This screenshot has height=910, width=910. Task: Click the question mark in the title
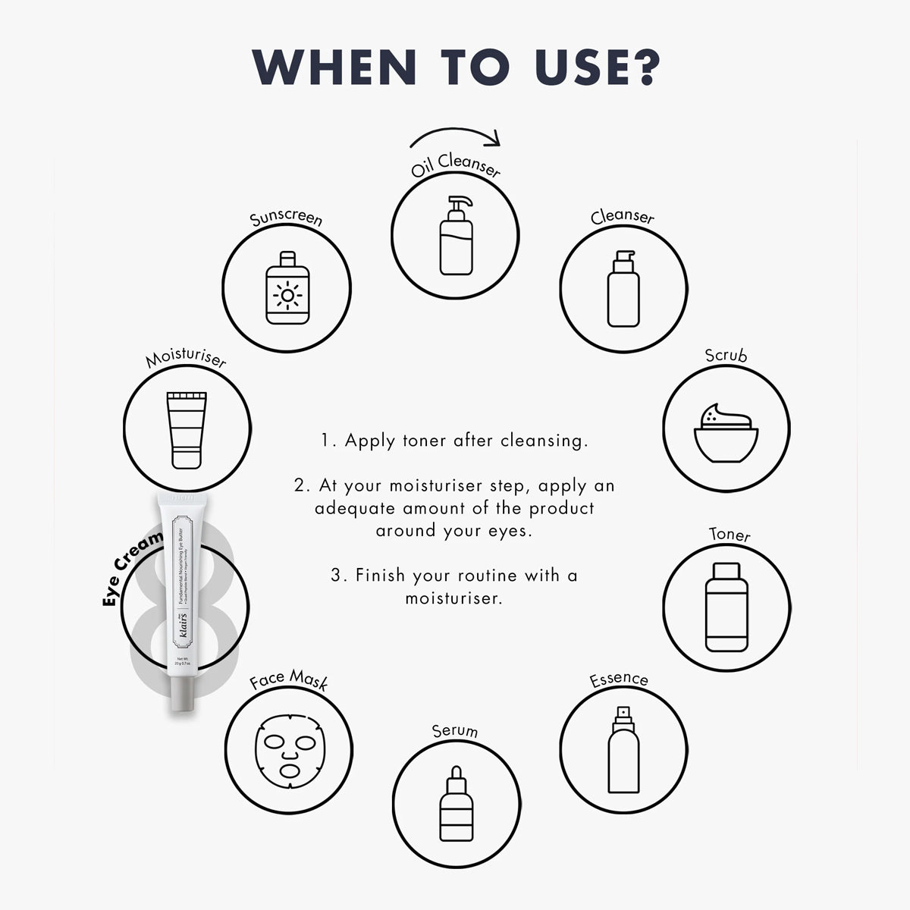click(639, 67)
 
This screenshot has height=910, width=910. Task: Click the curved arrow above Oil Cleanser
click(456, 136)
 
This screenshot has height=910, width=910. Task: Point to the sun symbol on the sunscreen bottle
click(287, 294)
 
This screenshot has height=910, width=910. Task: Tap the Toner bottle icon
click(726, 607)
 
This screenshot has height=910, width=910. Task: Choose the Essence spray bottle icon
click(623, 750)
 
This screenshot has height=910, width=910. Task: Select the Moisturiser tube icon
click(187, 429)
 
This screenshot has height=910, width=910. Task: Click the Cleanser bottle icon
click(623, 289)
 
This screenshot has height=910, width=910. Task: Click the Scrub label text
click(726, 355)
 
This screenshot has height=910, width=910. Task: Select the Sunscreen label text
click(287, 218)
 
